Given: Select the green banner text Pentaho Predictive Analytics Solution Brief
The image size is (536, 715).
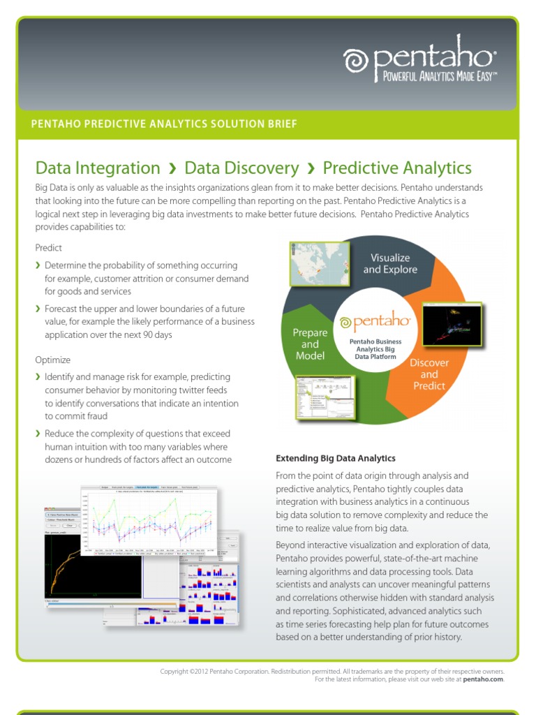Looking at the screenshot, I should pos(164,124).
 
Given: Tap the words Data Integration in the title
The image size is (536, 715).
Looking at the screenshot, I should pos(98,168).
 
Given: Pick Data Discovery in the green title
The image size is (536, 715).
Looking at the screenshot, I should pos(241,168).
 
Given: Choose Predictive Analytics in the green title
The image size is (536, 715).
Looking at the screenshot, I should pos(397,168).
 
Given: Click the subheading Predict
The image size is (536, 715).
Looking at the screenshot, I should pos(49,248).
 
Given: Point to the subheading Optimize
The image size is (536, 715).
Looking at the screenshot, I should pos(53,360).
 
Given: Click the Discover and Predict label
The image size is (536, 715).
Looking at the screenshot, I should pos(429,374).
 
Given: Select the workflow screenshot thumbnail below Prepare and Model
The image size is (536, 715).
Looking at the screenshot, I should pos(325,397).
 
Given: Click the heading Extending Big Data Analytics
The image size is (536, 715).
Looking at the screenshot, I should pos(336,458).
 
